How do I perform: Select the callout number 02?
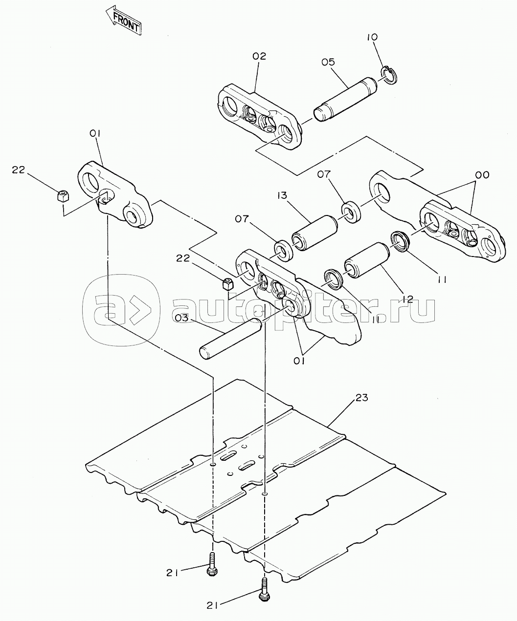[259, 56]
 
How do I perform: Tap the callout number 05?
[328, 62]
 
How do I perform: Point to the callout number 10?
[373, 37]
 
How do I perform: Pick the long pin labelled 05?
[344, 98]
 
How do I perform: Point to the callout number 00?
[482, 175]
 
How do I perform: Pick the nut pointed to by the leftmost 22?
[63, 197]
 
